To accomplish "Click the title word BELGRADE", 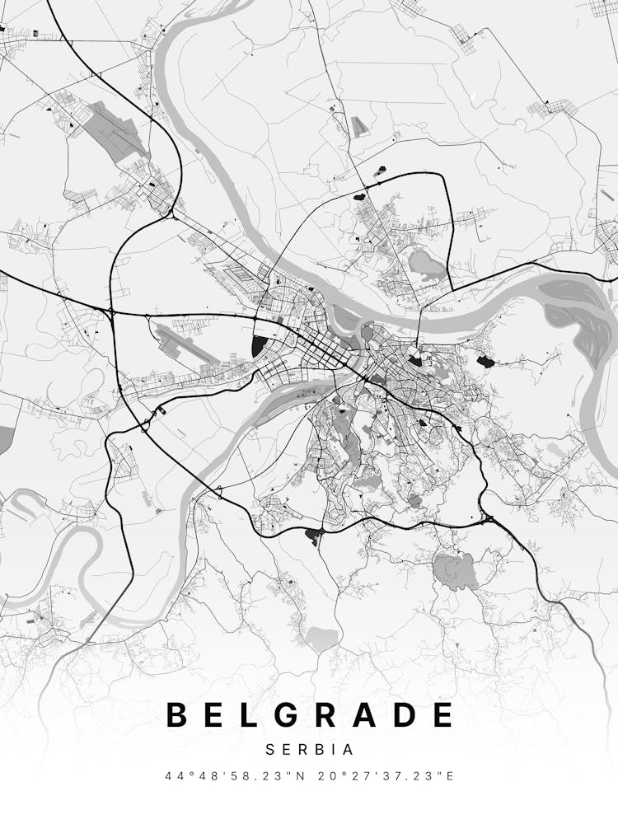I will (x=310, y=714).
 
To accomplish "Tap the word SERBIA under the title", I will (x=310, y=750).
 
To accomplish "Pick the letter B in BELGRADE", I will (x=177, y=714).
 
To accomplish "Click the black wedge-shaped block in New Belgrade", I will (x=259, y=345).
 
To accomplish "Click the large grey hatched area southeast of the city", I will (x=456, y=569).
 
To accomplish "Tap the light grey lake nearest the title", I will (x=321, y=636).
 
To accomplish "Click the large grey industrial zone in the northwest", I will (x=115, y=128).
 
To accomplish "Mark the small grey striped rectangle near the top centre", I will (x=358, y=127).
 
